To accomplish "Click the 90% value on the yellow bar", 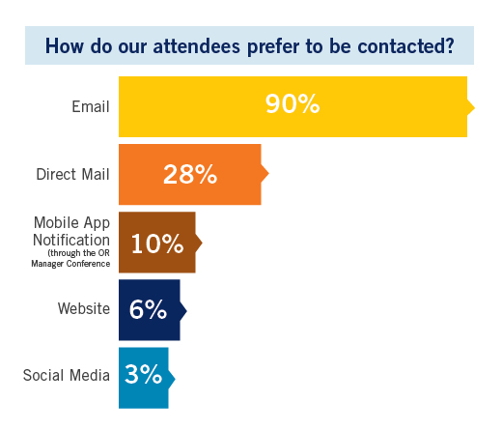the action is tap(293, 103).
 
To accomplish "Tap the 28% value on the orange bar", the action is tap(190, 174).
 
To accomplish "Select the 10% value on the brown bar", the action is tap(157, 244).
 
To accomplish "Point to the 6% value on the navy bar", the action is tap(148, 309).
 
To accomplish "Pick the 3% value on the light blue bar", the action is tap(143, 374).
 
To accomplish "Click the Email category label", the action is tap(91, 106).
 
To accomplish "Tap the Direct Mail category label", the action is tap(73, 174).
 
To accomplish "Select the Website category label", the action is tap(84, 308).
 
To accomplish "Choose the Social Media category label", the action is tap(67, 375).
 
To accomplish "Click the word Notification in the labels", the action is tap(71, 240).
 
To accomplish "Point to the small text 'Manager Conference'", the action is tap(70, 264).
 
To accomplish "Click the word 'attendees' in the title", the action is tap(197, 46).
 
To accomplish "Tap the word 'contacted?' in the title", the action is tap(405, 46).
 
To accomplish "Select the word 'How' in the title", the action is tap(65, 45).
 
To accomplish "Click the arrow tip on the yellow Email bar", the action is tap(475, 107).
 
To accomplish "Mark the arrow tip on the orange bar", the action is tap(268, 174).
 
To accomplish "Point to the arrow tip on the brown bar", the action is tap(202, 243).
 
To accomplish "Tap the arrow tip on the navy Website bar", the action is tap(186, 311).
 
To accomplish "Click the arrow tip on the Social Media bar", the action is tap(175, 379).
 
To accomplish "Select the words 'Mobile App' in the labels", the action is tap(72, 223).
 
